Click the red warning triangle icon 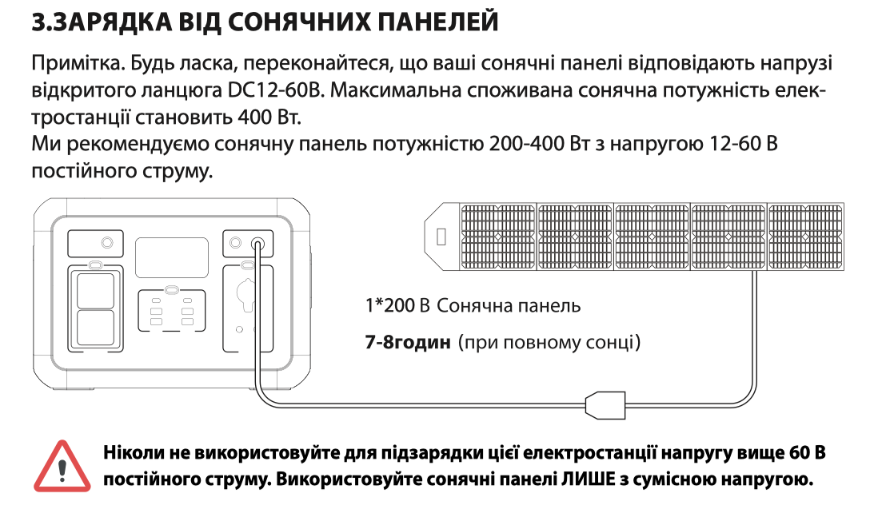62,467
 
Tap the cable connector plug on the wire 605,405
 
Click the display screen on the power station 171,257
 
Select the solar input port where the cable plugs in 258,244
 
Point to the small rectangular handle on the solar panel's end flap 441,237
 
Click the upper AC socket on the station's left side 95,291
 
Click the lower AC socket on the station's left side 95,328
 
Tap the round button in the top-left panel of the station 107,242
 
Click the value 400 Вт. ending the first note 269,117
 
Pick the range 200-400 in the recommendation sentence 526,145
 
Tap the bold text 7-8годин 408,341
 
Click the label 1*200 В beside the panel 397,305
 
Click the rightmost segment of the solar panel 805,237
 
